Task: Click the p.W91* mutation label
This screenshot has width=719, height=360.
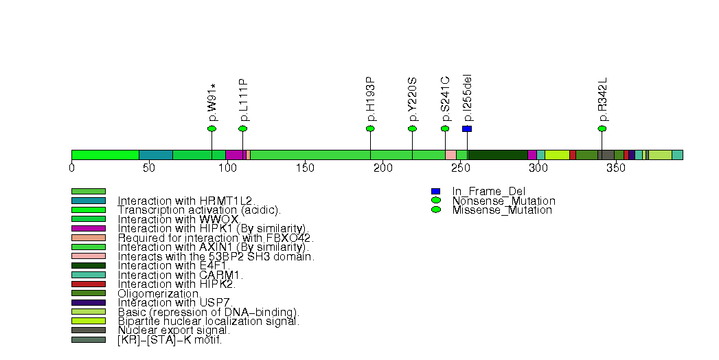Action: point(212,102)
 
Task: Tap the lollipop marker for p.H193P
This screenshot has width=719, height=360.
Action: point(370,128)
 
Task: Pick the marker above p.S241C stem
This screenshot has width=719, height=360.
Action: point(445,128)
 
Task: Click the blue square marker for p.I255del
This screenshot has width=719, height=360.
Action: point(467,128)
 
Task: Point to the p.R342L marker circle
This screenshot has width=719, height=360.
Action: point(602,128)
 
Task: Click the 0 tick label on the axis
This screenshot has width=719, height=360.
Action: point(72,169)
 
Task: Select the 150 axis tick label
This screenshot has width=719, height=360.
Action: point(306,169)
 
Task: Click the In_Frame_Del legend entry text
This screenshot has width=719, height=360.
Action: point(488,191)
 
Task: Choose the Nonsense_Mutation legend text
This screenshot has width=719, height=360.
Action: point(503,201)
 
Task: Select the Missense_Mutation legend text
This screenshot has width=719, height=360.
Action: point(502,210)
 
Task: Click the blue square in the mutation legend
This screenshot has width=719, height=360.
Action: point(435,191)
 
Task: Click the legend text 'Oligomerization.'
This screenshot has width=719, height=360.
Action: point(159,293)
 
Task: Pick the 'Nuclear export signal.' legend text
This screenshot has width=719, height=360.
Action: point(174,330)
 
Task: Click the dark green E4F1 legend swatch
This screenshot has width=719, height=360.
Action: point(89,265)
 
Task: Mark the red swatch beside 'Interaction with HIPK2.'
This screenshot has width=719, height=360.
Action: point(89,284)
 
